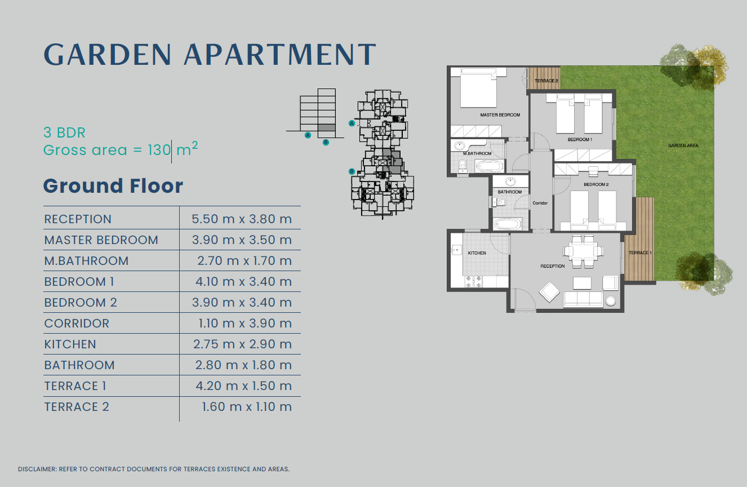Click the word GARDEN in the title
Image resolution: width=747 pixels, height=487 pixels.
coord(108,54)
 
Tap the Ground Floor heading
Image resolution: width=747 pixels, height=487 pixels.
coord(113,185)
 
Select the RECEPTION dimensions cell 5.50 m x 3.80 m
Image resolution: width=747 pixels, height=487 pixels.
coord(242,219)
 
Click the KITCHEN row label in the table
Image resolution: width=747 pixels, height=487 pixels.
coord(70,344)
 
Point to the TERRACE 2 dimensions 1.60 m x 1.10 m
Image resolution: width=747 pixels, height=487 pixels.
coord(247,406)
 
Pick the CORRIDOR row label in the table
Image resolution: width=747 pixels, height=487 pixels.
coord(77,323)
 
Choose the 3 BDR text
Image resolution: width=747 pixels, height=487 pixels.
coord(64,132)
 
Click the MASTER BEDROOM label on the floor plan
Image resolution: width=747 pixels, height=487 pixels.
coord(500,115)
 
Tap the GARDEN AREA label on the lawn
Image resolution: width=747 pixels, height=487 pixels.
coord(683,145)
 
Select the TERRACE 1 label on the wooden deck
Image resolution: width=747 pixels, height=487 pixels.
coord(640,253)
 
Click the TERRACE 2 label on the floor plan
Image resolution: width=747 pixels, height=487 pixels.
coord(546,81)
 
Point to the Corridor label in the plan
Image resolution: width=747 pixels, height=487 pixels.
coord(540,203)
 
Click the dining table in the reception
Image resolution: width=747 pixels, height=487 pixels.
coord(583,251)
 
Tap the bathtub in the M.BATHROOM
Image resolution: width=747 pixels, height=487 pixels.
coord(489,166)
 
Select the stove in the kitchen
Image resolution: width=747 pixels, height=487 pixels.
coord(474,281)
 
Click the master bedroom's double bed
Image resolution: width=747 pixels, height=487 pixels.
coord(478,88)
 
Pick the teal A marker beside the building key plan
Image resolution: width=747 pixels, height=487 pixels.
coord(352,123)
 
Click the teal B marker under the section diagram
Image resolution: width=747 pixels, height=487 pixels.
coord(326,143)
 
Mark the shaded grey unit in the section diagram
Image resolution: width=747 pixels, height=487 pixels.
coord(327,127)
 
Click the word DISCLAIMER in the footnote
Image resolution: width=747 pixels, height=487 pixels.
coord(37,469)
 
